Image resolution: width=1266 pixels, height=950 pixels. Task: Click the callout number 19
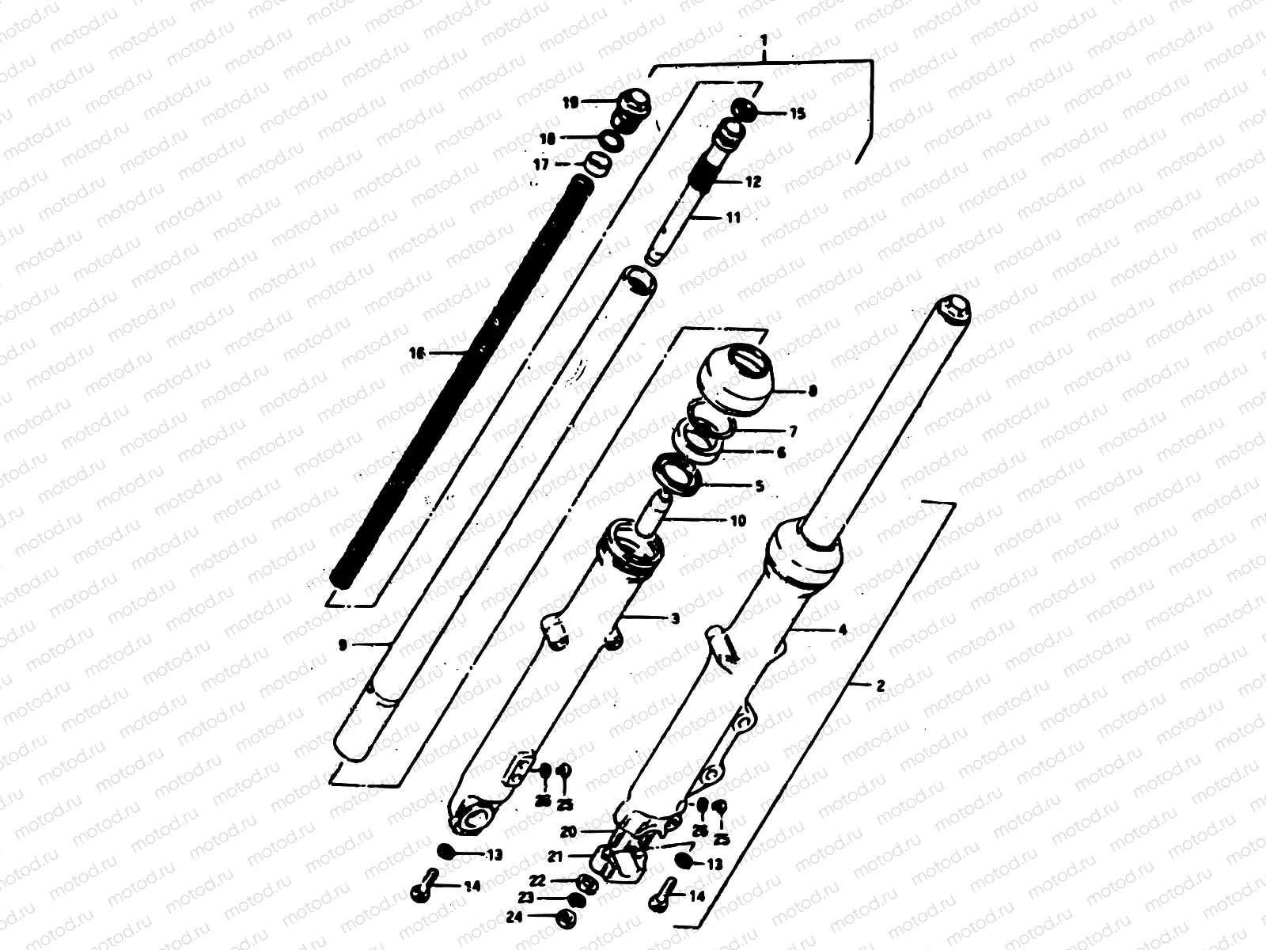coord(570,101)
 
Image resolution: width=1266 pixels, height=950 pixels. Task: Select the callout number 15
coord(798,114)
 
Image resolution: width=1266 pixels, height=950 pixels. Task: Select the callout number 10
coord(737,521)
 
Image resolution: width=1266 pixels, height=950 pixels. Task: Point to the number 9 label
coord(343,645)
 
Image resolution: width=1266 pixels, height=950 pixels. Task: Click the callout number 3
coord(674,618)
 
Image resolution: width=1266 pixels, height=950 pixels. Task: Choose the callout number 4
coord(842,630)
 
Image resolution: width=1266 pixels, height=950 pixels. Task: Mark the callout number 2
coord(881,686)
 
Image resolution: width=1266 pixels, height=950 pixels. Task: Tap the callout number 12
coord(752,181)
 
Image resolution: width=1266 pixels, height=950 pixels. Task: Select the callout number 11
coord(733,217)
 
